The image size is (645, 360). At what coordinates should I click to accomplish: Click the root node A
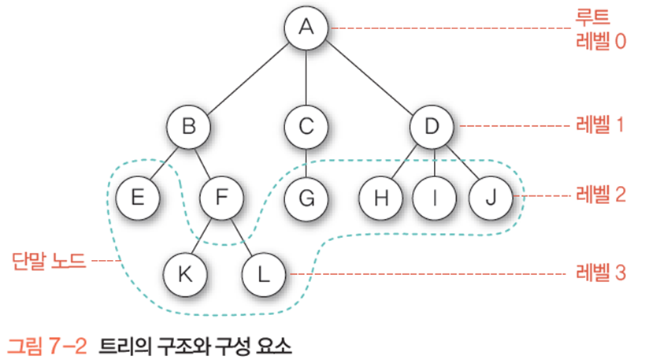[306, 28]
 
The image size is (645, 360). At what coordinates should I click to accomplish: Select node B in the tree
[188, 126]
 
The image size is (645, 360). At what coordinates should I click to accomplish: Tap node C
[306, 126]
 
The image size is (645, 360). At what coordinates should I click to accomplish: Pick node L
[265, 273]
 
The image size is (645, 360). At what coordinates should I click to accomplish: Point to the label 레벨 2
[599, 195]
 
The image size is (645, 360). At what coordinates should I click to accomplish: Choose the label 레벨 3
[599, 273]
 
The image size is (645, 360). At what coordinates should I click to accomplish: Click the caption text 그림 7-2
[47, 346]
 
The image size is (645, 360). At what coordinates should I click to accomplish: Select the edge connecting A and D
[370, 76]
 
